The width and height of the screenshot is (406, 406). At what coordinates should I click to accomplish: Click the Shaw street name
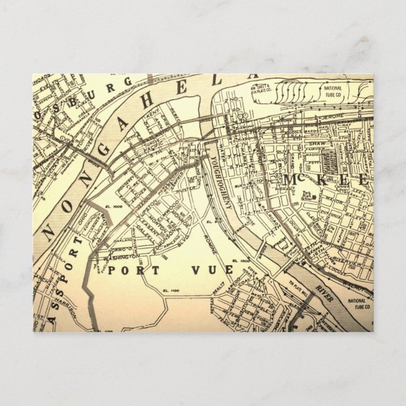pyautogui.click(x=313, y=144)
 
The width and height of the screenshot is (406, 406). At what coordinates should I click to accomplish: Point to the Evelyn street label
pyautogui.click(x=47, y=89)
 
